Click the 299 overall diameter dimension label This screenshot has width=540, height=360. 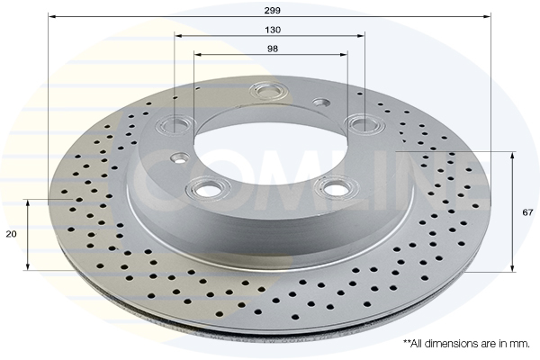(273, 10)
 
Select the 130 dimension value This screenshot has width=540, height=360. (273, 30)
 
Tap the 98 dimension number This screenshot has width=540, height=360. (273, 49)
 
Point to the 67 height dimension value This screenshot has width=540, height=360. (527, 212)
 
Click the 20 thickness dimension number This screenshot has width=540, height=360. (12, 234)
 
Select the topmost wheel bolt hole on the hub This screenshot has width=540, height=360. (267, 91)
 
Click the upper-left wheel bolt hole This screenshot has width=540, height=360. (175, 125)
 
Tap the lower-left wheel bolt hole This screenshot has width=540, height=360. (207, 189)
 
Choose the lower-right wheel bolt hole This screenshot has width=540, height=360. (335, 186)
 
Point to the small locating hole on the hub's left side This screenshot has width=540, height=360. (179, 158)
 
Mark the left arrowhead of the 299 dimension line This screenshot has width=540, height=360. (51, 16)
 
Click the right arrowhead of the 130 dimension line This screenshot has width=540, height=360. (361, 35)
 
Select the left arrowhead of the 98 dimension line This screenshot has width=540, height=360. (197, 54)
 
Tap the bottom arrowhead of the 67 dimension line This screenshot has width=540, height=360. (512, 268)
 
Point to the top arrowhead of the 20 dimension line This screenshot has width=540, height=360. (28, 202)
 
